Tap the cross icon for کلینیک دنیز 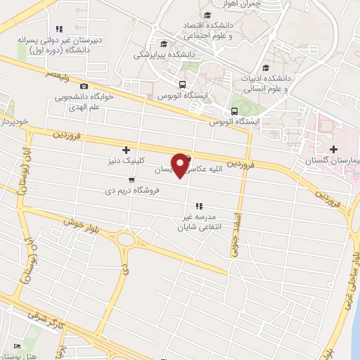pyautogui.click(x=126, y=149)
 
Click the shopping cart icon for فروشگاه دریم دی pyautogui.click(x=131, y=179)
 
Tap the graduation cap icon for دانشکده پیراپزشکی pyautogui.click(x=164, y=43)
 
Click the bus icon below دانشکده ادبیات pyautogui.click(x=234, y=111)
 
